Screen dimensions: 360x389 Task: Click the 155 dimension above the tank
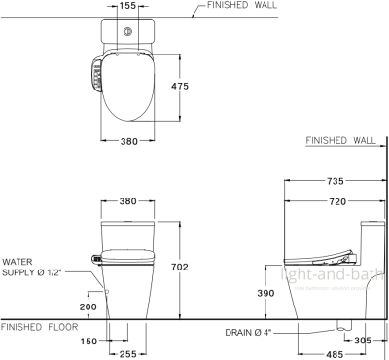click(126, 6)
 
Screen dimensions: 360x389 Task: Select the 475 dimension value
click(178, 86)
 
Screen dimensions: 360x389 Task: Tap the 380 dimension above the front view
click(126, 203)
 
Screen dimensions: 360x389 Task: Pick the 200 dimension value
click(88, 306)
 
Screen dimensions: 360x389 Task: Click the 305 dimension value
click(364, 341)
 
